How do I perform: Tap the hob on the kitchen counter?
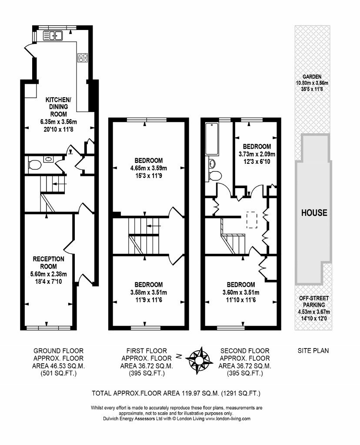click(x=82, y=58)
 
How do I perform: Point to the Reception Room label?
click(x=49, y=262)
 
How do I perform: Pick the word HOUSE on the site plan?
click(x=314, y=213)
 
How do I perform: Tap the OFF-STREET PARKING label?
click(x=313, y=302)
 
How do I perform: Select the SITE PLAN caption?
click(x=313, y=351)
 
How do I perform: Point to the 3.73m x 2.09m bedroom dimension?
click(x=257, y=154)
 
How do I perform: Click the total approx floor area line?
click(x=176, y=393)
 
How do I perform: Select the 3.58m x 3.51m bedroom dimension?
click(x=148, y=292)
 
